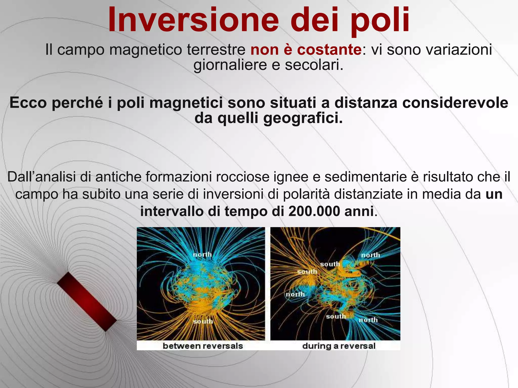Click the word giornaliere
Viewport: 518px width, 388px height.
pos(230,65)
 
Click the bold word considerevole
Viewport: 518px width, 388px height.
pos(455,103)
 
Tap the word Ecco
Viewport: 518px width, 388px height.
pos(28,103)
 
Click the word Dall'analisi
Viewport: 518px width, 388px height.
pos(42,177)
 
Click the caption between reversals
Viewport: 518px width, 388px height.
pos(203,346)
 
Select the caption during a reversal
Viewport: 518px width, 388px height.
pos(339,346)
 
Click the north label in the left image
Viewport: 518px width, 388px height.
pos(202,254)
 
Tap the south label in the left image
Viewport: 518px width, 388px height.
pos(203,321)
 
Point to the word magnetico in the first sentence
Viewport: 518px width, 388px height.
pos(145,50)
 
